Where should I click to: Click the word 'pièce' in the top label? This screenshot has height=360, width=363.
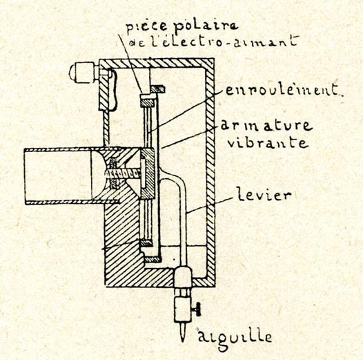tap(147, 26)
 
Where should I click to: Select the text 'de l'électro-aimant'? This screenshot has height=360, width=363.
tap(213, 41)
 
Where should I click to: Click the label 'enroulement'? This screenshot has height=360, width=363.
tap(282, 90)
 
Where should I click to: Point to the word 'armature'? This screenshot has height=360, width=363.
tap(266, 125)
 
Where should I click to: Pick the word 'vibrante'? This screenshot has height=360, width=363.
tap(268, 142)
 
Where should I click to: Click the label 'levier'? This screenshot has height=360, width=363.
tap(264, 194)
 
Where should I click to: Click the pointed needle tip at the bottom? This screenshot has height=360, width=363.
tap(183, 341)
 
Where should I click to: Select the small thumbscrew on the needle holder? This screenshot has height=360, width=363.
tap(197, 309)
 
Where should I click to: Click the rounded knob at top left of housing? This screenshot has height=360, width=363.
tap(82, 73)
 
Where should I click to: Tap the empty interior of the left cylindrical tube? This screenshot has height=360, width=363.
tap(58, 176)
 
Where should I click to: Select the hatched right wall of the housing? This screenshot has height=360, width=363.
tap(210, 171)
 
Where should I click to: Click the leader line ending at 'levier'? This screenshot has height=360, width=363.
tap(210, 205)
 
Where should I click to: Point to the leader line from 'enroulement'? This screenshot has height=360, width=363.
tap(184, 112)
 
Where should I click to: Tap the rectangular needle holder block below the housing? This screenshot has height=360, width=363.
tap(183, 309)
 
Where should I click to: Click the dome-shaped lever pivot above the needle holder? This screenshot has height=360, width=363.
tap(183, 276)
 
